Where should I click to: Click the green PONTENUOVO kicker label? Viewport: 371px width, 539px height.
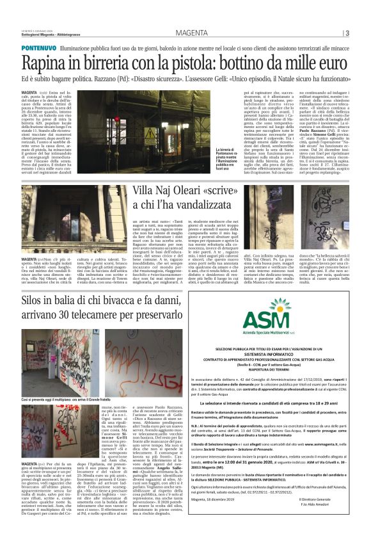coord(38,49)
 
